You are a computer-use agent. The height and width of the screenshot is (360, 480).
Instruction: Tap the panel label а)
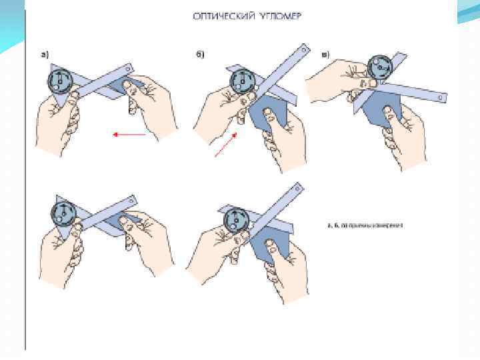45,55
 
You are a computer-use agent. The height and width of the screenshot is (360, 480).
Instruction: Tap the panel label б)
199,55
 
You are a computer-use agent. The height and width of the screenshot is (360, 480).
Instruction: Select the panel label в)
325,55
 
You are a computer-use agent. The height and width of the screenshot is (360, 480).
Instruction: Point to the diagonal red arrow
225,145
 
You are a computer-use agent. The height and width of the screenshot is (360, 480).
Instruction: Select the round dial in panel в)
379,66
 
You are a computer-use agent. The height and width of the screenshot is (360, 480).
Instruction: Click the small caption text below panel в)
365,225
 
